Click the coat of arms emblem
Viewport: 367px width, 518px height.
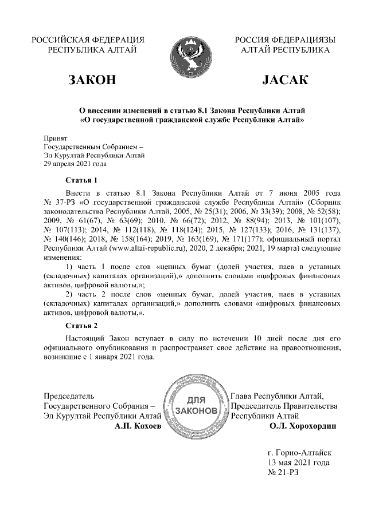pyautogui.click(x=182, y=54)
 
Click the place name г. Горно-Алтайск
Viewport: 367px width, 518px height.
pyautogui.click(x=299, y=452)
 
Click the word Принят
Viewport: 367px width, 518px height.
pyautogui.click(x=56, y=137)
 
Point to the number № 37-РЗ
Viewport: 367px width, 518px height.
pyautogui.click(x=60, y=202)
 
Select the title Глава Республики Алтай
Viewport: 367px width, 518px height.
pyautogui.click(x=277, y=395)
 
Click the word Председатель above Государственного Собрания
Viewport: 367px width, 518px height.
pyautogui.click(x=69, y=395)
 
